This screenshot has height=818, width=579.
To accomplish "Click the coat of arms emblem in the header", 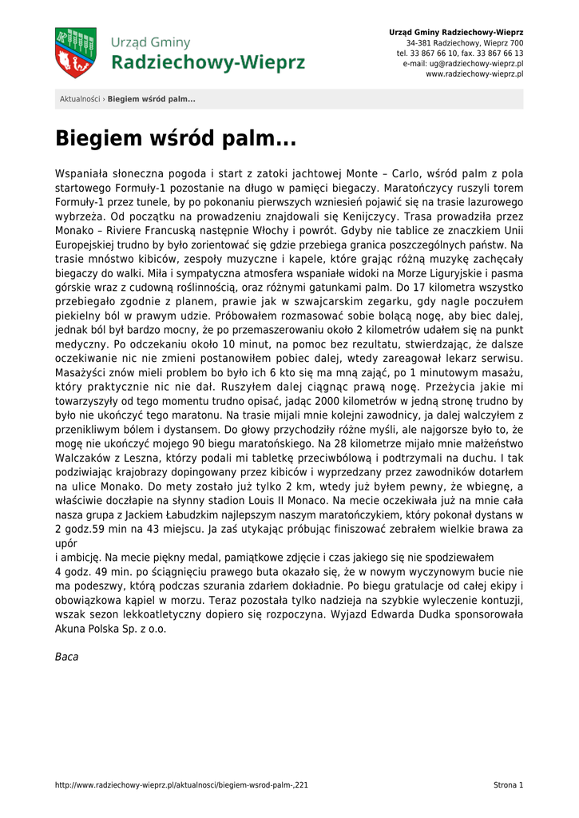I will tap(75, 53).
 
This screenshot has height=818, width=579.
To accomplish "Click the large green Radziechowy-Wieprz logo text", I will tap(208, 63).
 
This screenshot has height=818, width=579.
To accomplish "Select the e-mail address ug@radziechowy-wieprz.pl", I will tap(474, 63).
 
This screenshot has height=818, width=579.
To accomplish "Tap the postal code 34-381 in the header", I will tap(417, 42).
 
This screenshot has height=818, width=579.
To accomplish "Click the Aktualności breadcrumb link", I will tap(80, 99).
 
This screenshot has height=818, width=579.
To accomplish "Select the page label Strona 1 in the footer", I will tap(508, 785).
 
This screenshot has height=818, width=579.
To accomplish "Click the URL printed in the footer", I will tap(181, 785).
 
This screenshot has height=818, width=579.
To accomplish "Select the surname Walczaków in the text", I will tap(86, 459).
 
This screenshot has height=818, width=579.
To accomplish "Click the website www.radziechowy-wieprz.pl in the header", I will tap(474, 73).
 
